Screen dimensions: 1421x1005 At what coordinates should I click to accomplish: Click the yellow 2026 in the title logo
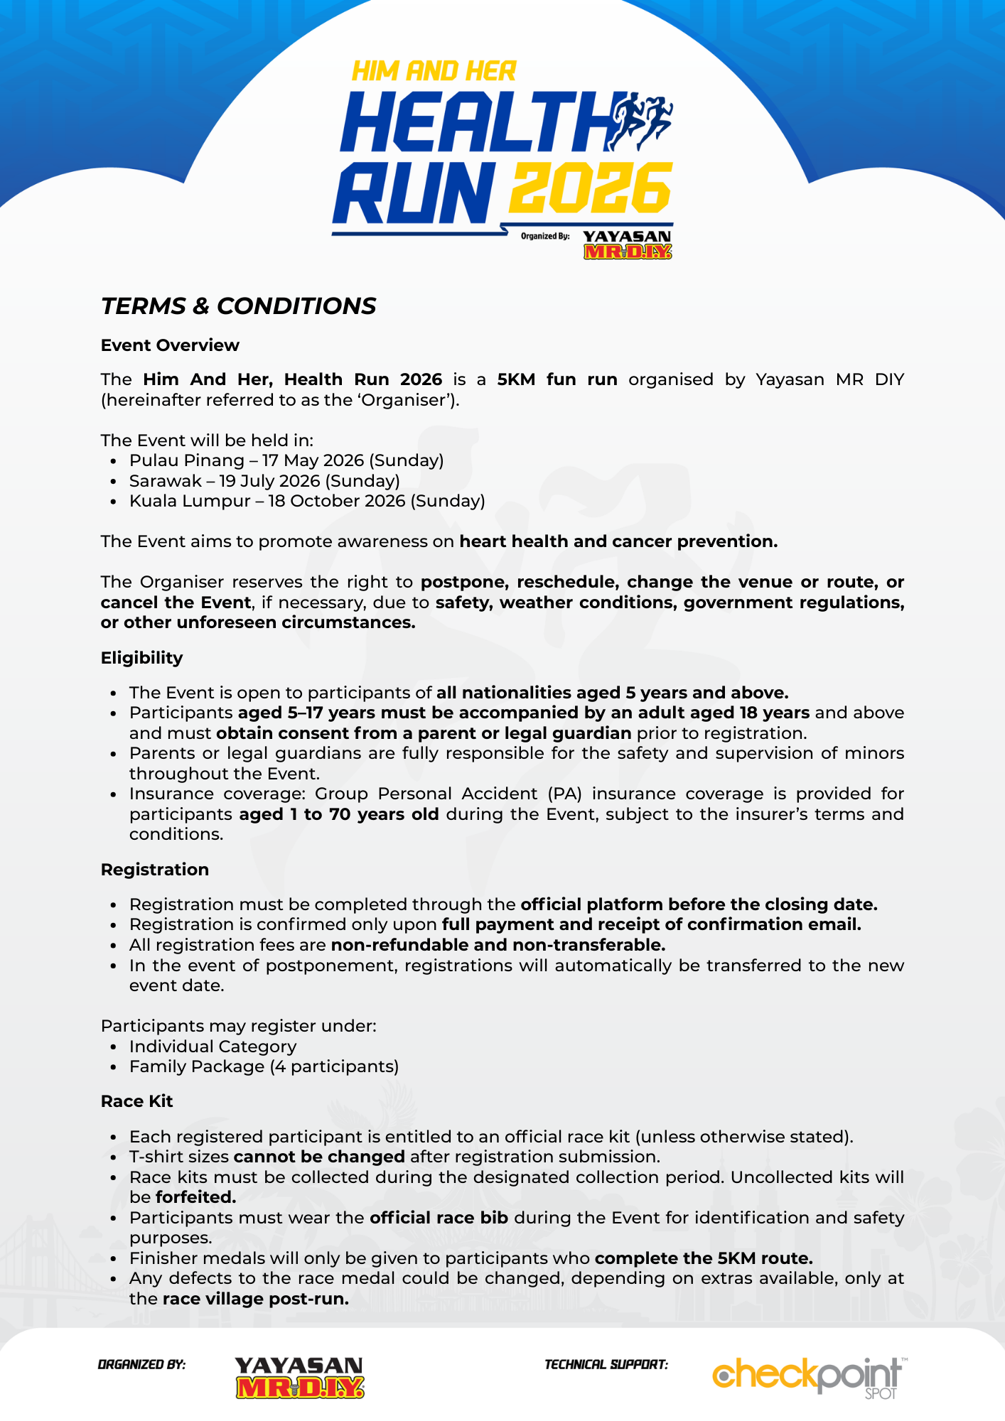(x=591, y=188)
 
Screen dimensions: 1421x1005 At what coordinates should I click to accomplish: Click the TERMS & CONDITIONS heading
(x=238, y=306)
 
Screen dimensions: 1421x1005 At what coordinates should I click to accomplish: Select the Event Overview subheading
(x=170, y=345)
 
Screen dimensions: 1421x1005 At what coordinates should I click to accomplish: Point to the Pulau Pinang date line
(x=286, y=460)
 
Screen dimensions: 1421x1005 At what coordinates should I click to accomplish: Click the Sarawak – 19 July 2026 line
(x=264, y=481)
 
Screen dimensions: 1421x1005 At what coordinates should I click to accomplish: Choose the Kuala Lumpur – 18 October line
(x=307, y=501)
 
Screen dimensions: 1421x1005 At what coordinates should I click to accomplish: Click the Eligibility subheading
(x=141, y=658)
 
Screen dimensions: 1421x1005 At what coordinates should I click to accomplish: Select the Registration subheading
(x=154, y=870)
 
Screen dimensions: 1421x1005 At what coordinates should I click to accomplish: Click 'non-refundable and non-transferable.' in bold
(x=498, y=945)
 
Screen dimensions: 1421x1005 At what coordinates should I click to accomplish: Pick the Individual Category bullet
(x=213, y=1047)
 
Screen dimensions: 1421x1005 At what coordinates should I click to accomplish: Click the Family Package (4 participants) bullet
(x=264, y=1066)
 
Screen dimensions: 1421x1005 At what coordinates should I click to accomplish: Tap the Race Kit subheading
(x=136, y=1101)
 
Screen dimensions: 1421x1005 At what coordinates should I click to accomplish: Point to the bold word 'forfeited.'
(x=195, y=1197)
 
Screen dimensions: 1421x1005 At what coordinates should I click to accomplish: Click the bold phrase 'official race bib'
(x=439, y=1218)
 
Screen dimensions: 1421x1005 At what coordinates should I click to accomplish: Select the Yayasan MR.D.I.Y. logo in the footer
(x=299, y=1377)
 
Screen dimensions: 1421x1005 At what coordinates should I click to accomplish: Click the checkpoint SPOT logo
(x=809, y=1376)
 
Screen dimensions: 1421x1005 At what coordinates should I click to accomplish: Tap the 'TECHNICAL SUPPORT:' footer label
(x=606, y=1365)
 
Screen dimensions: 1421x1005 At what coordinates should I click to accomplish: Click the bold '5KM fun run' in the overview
(x=557, y=379)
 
